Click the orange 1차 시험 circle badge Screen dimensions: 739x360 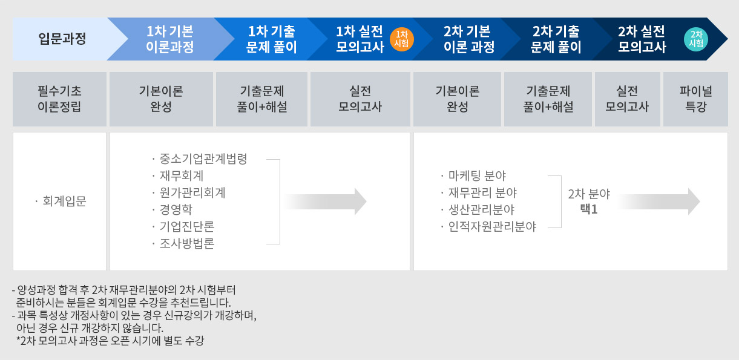click(x=401, y=39)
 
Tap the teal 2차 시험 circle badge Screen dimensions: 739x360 click(x=696, y=39)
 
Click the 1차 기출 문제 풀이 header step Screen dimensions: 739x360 click(x=271, y=39)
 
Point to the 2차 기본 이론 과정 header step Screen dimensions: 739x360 click(x=468, y=39)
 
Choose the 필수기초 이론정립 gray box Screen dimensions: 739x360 click(x=59, y=99)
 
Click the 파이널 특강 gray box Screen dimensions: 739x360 click(x=695, y=99)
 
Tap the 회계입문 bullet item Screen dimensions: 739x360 click(x=61, y=201)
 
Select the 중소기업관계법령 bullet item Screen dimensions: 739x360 click(x=200, y=159)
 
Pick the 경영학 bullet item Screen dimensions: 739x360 click(x=172, y=209)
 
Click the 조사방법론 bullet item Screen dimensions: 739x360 click(x=183, y=243)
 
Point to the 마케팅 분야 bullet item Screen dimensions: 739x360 click(x=473, y=175)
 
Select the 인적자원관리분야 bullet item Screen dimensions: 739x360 click(x=488, y=226)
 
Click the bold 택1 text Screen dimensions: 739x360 click(x=589, y=209)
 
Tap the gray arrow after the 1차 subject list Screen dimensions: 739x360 click(x=325, y=201)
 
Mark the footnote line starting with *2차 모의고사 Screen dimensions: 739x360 click(x=110, y=341)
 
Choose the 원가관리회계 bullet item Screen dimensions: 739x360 click(x=189, y=192)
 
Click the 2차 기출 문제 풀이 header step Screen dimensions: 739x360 click(x=556, y=39)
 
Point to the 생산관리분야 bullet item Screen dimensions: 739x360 click(x=478, y=210)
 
